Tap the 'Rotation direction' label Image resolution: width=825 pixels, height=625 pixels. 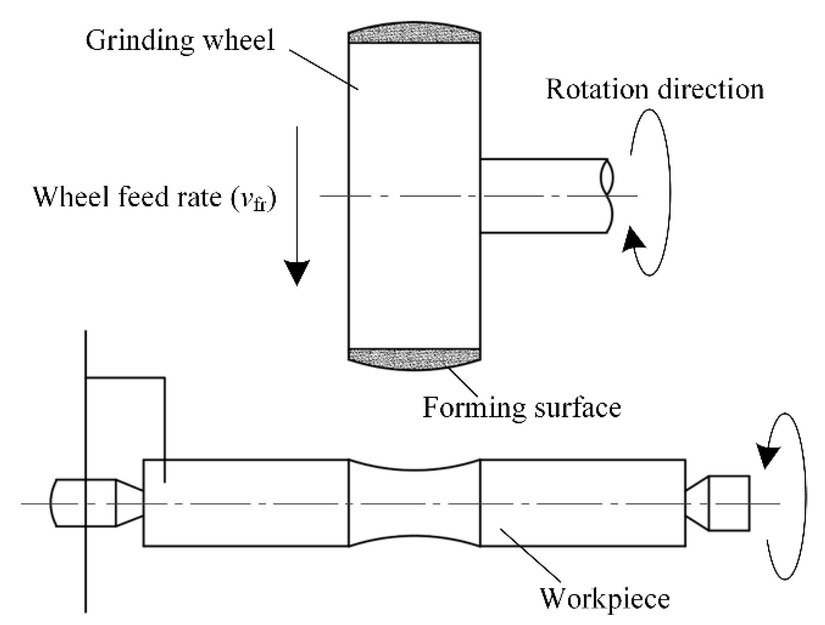coord(654,89)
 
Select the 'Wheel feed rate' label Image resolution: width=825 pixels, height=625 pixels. coord(154,197)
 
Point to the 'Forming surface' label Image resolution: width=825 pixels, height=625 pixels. coord(521,408)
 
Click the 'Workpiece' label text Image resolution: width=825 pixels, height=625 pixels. coord(605,598)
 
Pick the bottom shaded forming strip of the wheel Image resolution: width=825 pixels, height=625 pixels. coord(414,358)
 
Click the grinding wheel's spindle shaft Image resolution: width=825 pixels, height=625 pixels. coord(542,196)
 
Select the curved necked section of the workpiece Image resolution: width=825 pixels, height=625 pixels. coord(414,503)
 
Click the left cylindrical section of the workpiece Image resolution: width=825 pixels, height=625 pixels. coord(245,503)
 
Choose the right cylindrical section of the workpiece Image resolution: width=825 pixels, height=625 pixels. coord(582,503)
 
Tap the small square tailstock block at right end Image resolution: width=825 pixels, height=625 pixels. coord(729,503)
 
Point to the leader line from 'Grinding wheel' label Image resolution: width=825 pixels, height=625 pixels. coord(324,69)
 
